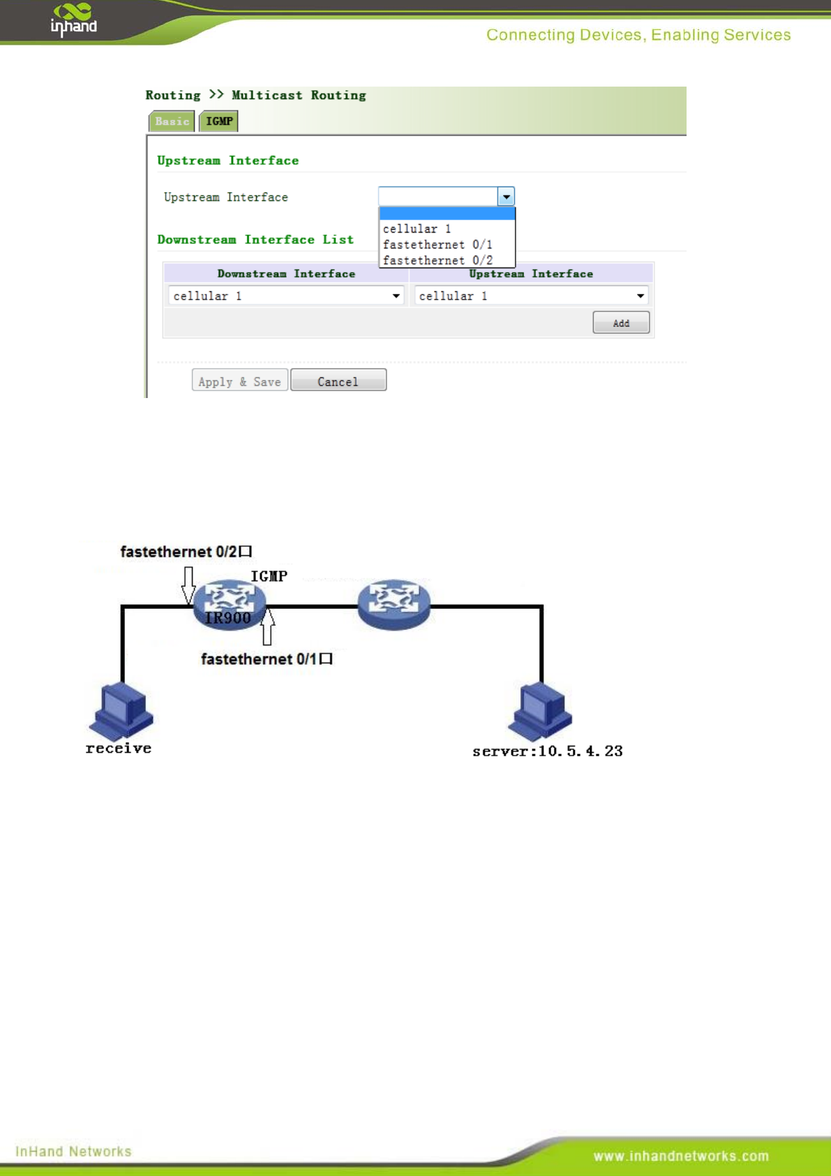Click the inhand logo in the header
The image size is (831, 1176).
[x=73, y=20]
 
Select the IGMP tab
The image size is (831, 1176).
[x=219, y=122]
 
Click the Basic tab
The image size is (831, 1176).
[x=172, y=122]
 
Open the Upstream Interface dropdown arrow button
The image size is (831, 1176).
[x=506, y=197]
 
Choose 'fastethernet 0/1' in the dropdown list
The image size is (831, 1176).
[x=437, y=244]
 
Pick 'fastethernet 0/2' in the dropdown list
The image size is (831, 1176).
[x=437, y=260]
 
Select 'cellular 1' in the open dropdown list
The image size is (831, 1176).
[x=417, y=229]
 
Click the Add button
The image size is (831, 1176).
[x=620, y=323]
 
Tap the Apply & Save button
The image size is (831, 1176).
[x=239, y=381]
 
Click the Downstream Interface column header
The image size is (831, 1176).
[x=286, y=274]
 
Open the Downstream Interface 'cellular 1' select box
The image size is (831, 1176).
[x=286, y=296]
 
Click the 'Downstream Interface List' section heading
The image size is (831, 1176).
[x=255, y=240]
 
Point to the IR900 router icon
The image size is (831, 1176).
[x=229, y=603]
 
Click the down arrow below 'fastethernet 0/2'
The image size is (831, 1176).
[x=188, y=585]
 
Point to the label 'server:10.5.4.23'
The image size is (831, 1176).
[x=547, y=751]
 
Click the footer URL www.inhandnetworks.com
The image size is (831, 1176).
[x=681, y=1156]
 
